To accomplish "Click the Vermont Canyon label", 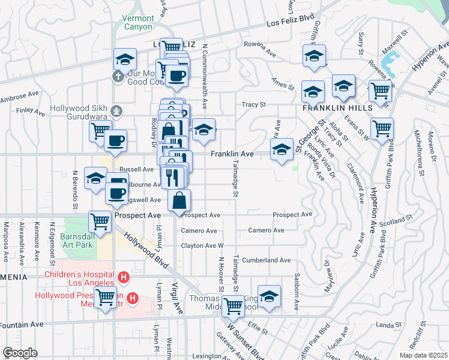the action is pos(138,23).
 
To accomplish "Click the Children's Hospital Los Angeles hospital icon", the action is pos(124,277).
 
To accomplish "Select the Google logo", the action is pos(20,353).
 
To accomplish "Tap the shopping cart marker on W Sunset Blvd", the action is pos(233,306).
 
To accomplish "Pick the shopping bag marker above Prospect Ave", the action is pos(179,200).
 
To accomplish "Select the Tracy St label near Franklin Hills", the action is pos(254,104).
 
